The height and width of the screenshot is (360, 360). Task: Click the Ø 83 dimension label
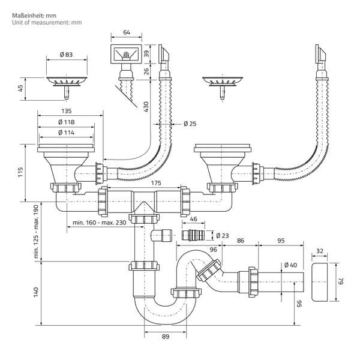tap(66, 55)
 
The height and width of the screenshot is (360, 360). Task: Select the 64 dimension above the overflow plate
tap(127, 32)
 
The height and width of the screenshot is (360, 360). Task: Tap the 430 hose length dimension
tap(146, 107)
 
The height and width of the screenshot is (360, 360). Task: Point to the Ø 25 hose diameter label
tap(190, 124)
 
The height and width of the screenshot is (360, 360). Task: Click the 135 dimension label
tap(67, 111)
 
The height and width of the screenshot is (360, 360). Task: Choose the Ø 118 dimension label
tap(67, 122)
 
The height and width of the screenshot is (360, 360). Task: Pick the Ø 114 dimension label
tap(67, 133)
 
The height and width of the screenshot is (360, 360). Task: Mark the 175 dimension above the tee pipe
tap(156, 183)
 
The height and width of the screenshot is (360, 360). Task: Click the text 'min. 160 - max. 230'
tap(100, 223)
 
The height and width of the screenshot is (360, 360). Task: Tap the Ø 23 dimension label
tap(223, 236)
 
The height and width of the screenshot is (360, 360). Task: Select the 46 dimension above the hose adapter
tap(194, 219)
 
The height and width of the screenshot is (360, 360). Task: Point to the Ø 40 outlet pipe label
tap(290, 265)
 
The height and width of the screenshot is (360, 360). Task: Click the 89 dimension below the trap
tap(166, 337)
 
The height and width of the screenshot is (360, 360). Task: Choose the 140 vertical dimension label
tap(36, 292)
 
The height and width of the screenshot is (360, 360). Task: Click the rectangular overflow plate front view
tap(126, 54)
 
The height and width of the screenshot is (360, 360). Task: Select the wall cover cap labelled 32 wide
tap(319, 282)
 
